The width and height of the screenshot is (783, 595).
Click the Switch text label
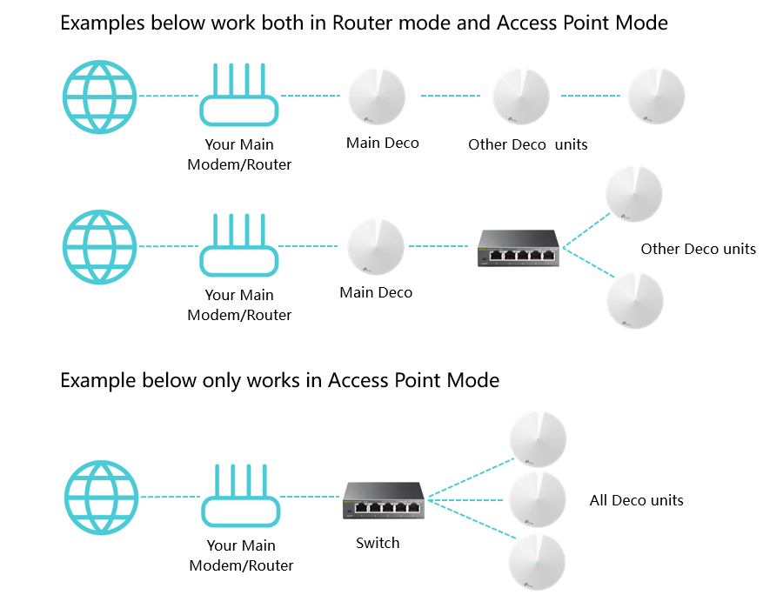[378, 543]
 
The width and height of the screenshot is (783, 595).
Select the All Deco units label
[636, 500]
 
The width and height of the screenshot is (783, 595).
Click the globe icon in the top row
[100, 97]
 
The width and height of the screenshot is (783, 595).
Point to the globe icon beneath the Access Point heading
[102, 498]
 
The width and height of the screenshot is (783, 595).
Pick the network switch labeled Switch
[383, 501]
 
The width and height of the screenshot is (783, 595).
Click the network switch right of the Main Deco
[519, 247]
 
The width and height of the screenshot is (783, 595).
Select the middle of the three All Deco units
[538, 499]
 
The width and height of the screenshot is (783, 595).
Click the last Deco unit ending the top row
[656, 97]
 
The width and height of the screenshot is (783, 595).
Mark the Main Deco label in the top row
[382, 143]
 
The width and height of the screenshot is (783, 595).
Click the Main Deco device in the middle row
[376, 247]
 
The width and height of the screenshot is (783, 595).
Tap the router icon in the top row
[238, 97]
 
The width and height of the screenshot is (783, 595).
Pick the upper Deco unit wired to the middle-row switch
[633, 194]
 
